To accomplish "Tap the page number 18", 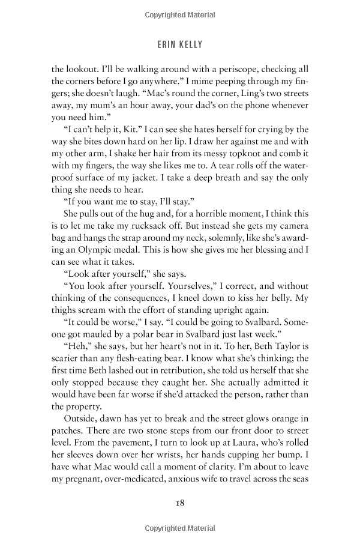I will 180,503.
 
